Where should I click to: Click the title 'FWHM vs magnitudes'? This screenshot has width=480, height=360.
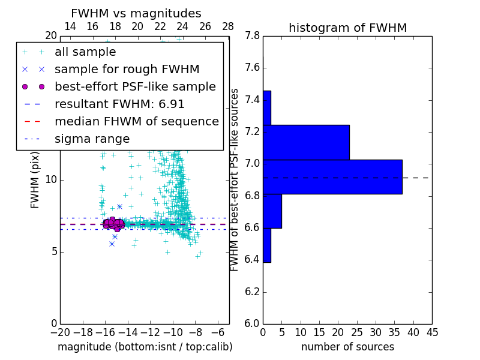[136, 13]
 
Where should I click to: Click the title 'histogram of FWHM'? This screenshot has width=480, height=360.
[347, 28]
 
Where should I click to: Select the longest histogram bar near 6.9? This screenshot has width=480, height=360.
[332, 177]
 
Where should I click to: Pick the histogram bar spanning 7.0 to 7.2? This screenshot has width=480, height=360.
[306, 142]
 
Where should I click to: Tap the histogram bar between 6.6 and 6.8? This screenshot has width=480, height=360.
[272, 211]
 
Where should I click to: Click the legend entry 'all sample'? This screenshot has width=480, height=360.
[85, 52]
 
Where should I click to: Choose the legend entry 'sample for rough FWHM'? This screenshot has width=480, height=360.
[127, 70]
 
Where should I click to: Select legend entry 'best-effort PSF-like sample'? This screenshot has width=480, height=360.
[135, 87]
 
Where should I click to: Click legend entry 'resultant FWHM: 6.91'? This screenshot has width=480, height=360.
[119, 104]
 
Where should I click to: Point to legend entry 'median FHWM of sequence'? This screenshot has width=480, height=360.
[136, 122]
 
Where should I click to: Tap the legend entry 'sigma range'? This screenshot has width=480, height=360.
[92, 139]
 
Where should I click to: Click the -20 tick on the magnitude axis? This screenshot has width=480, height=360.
[60, 331]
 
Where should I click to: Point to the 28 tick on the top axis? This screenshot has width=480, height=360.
[228, 26]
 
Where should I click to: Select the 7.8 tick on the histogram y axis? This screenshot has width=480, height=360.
[252, 36]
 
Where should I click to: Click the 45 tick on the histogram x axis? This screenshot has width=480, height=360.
[431, 331]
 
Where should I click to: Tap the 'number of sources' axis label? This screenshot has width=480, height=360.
[347, 347]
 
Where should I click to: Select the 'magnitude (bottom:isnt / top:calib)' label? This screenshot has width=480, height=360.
[145, 347]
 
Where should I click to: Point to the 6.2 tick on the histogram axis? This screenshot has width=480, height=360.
[252, 292]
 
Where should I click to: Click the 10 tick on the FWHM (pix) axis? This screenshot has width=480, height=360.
[52, 180]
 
